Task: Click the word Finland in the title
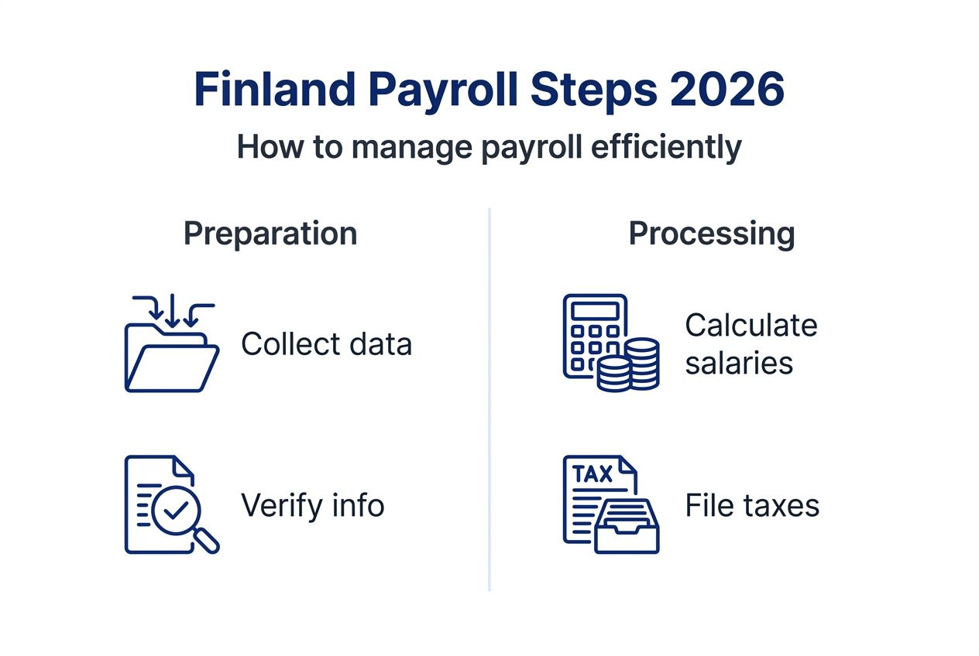click(274, 89)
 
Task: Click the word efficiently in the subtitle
click(666, 148)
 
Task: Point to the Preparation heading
click(270, 234)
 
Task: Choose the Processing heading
click(712, 235)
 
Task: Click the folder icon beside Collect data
click(172, 357)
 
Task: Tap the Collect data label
click(327, 344)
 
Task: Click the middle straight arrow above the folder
click(172, 311)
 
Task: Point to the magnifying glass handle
click(206, 542)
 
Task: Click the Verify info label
click(312, 505)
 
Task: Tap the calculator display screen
click(595, 311)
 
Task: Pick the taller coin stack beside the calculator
click(642, 363)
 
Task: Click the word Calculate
click(751, 326)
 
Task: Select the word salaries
click(739, 364)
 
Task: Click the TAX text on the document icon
click(593, 474)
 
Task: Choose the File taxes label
click(752, 505)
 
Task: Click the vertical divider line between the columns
click(489, 399)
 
